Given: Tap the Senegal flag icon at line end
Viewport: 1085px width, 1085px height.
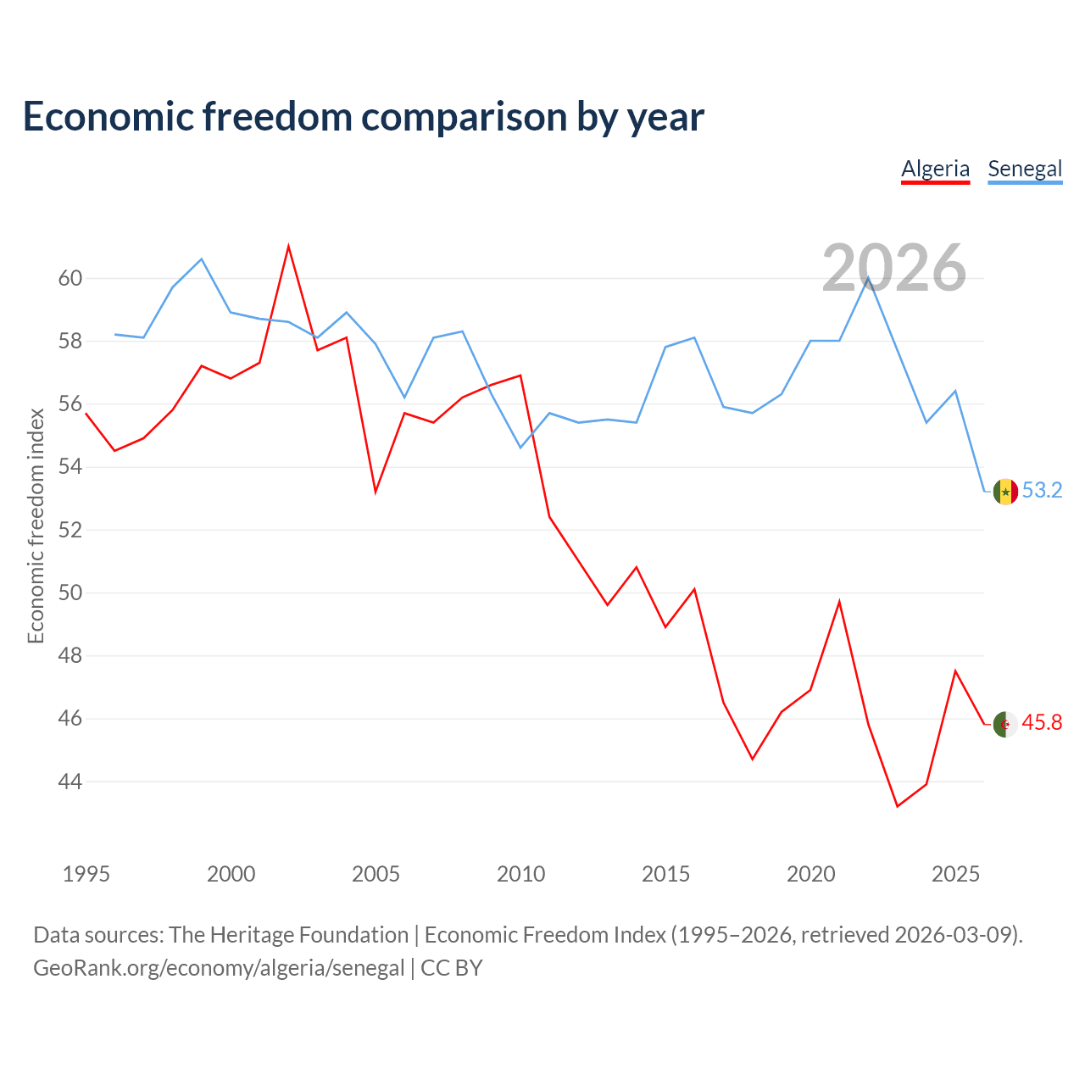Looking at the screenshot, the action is click(1005, 492).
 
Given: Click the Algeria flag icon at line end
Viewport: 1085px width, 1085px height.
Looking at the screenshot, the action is click(1005, 724).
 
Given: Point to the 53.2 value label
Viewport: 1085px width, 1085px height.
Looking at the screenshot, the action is click(1042, 490).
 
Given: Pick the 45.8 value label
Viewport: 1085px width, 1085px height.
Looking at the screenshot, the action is click(1042, 722).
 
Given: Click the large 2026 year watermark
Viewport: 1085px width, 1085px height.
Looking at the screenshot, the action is click(893, 268).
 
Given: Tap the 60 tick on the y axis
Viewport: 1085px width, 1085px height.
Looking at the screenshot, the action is click(70, 278).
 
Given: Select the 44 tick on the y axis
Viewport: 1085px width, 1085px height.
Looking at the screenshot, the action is click(70, 782).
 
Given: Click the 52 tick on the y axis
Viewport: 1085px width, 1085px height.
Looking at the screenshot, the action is click(70, 530).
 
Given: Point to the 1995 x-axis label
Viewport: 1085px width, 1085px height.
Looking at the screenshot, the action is click(86, 874).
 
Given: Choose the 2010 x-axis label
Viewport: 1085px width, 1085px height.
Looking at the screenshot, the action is click(520, 874).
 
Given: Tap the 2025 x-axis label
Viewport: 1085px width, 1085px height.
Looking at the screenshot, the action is click(955, 874).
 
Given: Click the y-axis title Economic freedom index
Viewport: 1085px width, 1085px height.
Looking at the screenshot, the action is click(36, 526).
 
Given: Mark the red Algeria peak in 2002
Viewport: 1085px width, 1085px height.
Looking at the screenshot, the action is click(288, 247).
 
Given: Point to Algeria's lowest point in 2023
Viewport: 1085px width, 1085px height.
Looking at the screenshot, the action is click(897, 806).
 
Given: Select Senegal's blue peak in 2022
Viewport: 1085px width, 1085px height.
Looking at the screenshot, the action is click(868, 277).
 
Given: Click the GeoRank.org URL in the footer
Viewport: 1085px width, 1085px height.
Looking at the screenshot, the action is click(219, 968).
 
